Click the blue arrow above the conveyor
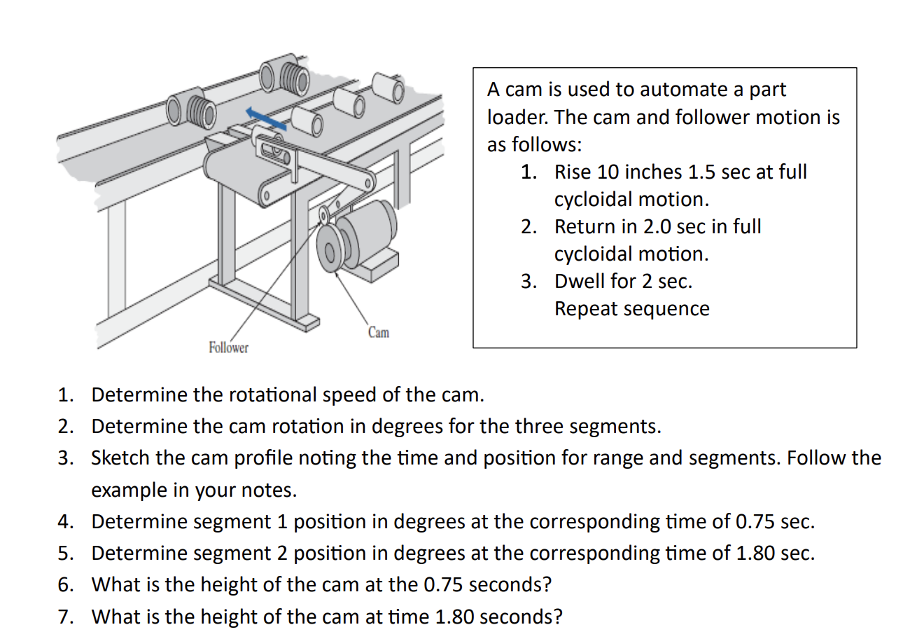point(266,118)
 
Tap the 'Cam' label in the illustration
point(378,332)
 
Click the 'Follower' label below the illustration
point(228,348)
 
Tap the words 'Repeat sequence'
point(631,308)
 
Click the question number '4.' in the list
point(66,521)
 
